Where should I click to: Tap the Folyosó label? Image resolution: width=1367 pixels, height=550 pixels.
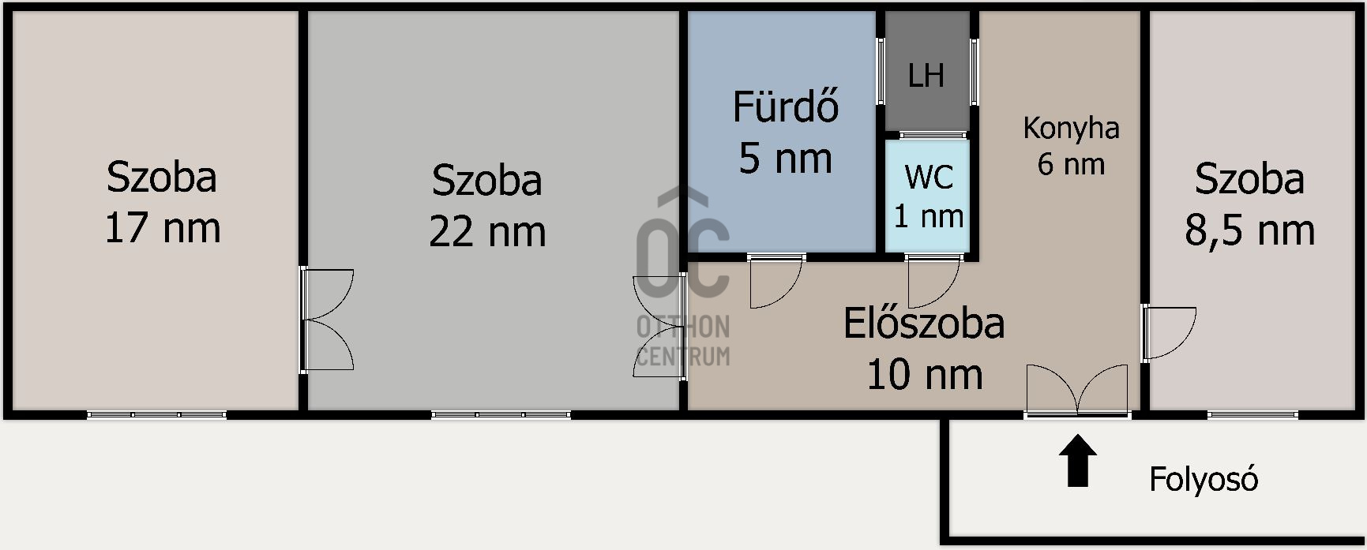coord(1203,480)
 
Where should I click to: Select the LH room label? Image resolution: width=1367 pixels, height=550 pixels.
coord(926,76)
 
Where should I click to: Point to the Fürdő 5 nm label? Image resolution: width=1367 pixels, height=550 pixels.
coord(785,133)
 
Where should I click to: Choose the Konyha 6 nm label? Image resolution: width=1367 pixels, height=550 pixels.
coord(1071,146)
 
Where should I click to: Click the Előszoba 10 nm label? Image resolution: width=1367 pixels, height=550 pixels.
coord(924,348)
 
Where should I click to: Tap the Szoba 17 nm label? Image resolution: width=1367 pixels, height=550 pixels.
coord(162,202)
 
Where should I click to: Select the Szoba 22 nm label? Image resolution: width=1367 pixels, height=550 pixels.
coord(487,205)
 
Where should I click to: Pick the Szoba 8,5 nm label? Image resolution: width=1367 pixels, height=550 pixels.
coord(1249,204)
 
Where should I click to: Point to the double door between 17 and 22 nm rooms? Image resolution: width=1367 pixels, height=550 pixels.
coord(326,320)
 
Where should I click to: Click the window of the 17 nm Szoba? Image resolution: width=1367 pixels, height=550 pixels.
coord(156,414)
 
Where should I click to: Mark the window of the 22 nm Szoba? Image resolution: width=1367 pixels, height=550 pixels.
coord(501,414)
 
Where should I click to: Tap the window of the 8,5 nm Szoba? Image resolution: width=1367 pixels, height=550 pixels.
coord(1252,414)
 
